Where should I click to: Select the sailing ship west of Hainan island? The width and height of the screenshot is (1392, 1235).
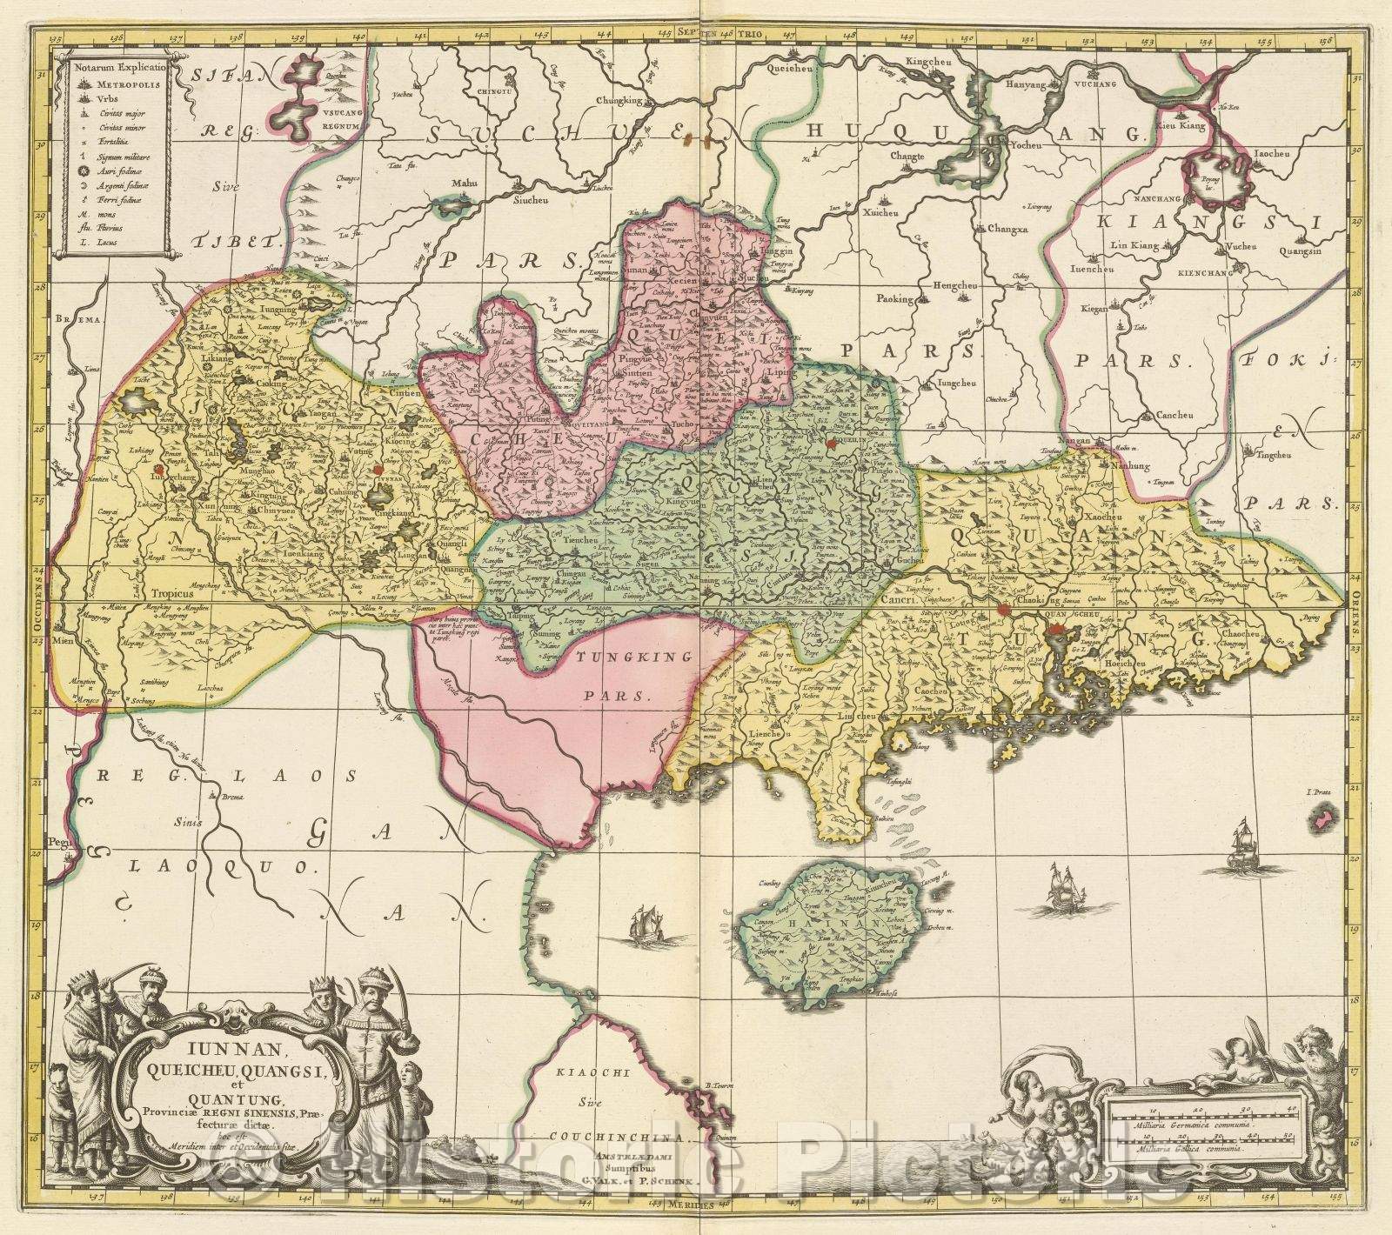click(x=642, y=925)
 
